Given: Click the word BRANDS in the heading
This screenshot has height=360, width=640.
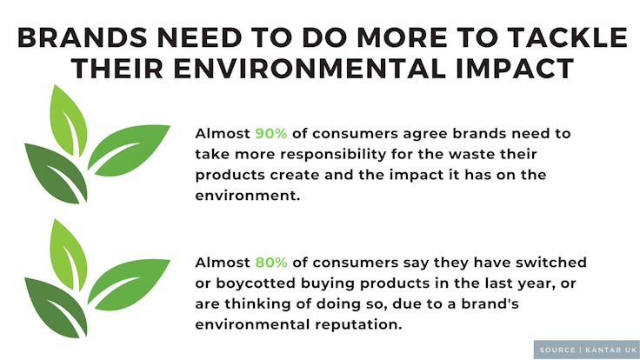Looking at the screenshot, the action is click(82, 37).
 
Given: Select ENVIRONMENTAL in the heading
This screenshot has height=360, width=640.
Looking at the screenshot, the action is click(310, 68).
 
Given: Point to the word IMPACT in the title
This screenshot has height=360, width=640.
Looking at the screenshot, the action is click(515, 68).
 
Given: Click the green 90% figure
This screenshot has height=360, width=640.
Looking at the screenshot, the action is click(271, 133).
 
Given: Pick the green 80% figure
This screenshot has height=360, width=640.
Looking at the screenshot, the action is click(271, 262).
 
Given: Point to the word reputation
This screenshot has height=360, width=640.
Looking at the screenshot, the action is click(359, 325).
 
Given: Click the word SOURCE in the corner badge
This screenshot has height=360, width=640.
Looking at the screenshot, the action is click(557, 350).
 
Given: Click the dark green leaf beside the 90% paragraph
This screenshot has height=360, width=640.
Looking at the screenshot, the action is click(56, 173).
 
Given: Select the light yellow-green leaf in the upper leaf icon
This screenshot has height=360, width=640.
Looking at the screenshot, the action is click(69, 120).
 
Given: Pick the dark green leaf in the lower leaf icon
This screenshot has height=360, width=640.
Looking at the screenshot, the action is click(56, 308).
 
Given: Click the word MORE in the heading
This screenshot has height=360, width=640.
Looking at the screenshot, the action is click(402, 37).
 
